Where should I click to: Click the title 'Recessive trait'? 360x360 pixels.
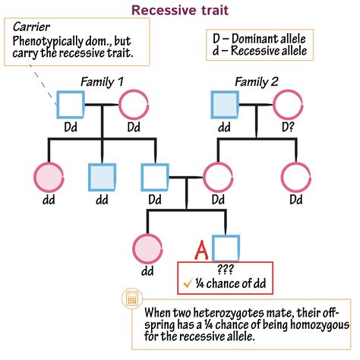click(179, 10)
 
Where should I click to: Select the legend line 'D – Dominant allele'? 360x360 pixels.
click(258, 38)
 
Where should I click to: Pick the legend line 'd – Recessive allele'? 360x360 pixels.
click(258, 51)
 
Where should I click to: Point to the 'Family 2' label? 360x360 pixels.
click(257, 81)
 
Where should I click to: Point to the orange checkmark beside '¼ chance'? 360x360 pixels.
click(187, 284)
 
